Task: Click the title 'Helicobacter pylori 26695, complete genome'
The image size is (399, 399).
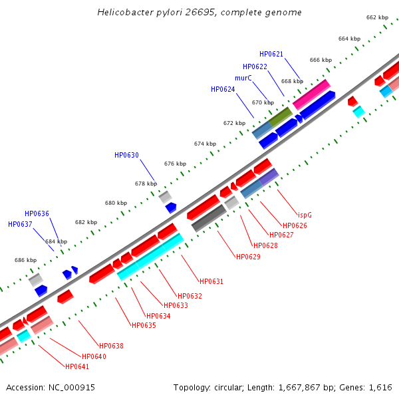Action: [x=199, y=13]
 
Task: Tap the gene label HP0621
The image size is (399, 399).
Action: [x=271, y=54]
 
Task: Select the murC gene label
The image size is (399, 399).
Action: [x=243, y=78]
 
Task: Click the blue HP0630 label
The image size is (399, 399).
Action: [x=126, y=155]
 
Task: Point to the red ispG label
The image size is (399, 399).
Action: [x=305, y=215]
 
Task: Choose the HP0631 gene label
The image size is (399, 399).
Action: [x=211, y=281]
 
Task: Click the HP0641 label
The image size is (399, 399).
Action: [x=76, y=366]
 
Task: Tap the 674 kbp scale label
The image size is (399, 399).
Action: [x=205, y=144]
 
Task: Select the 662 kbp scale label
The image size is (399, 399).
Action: [x=377, y=17]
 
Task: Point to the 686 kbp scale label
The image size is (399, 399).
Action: [x=25, y=260]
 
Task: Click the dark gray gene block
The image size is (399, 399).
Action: [x=209, y=217]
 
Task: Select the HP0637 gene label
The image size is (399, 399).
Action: [x=20, y=224]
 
